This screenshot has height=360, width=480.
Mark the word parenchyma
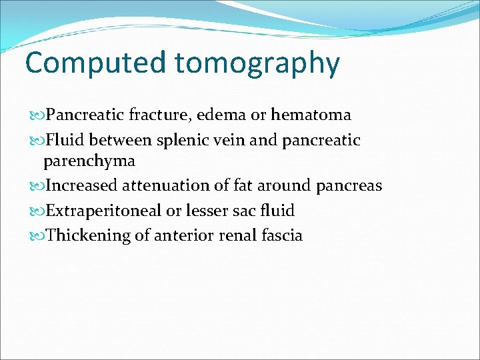tap(89, 161)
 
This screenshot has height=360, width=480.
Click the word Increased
tap(81, 185)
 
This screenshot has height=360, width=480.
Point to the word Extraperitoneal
tap(103, 211)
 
